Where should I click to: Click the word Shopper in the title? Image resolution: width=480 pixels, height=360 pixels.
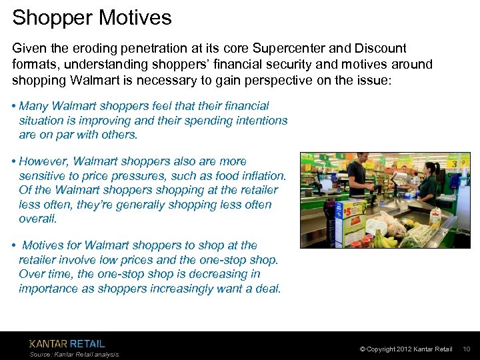pos(52,17)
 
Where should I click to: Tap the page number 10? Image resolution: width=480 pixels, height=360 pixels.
pos(466,349)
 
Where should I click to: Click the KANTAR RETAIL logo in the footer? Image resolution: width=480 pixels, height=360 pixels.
pos(67,343)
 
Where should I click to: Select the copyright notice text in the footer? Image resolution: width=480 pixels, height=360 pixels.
pos(405,349)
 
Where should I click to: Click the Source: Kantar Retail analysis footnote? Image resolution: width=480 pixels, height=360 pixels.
pos(74,355)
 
